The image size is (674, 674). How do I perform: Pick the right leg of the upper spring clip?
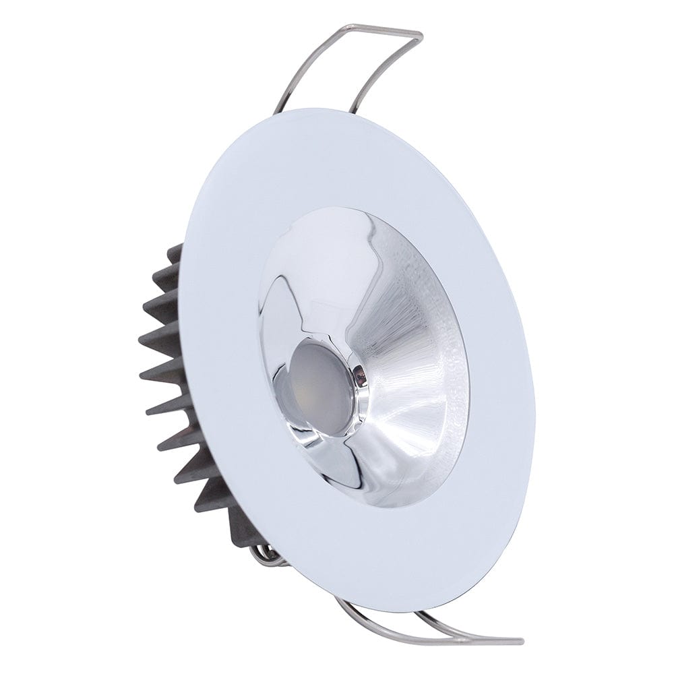[x=384, y=74]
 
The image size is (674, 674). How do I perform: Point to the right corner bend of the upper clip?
[x=419, y=36]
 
